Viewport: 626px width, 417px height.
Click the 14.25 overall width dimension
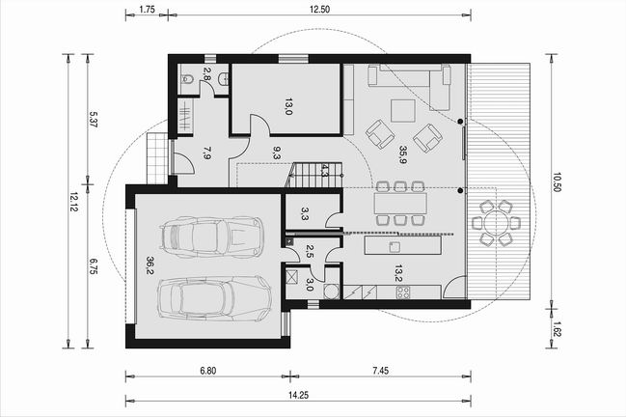(299, 396)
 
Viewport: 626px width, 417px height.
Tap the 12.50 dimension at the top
(320, 10)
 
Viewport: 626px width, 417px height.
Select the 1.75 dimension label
(148, 10)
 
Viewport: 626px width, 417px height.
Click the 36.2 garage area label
(150, 265)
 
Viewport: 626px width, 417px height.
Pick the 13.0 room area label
(288, 106)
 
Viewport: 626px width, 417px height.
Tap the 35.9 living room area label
(402, 155)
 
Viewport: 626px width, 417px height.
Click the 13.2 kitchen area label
(398, 273)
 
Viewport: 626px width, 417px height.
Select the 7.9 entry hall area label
(206, 153)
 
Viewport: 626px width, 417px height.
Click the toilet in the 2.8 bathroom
(187, 79)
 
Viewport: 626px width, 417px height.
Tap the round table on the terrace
(496, 223)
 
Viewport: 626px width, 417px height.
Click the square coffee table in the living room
(403, 110)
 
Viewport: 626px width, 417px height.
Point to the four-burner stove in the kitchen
(402, 292)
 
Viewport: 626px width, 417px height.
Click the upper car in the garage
(211, 237)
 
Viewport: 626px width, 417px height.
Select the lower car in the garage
(214, 297)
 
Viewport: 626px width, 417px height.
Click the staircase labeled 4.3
(314, 175)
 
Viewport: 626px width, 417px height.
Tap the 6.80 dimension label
(208, 371)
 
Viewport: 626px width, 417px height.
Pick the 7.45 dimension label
(380, 371)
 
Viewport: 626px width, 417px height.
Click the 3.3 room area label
(304, 214)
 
